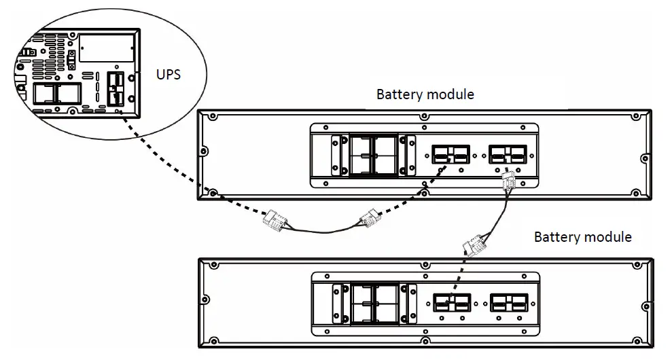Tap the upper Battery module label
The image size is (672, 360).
tap(425, 94)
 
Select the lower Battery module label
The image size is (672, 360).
tap(582, 237)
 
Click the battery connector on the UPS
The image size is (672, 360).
tap(115, 89)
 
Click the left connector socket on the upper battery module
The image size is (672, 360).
tap(449, 155)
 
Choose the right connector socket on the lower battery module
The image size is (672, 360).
tap(509, 302)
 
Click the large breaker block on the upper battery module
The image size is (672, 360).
tap(373, 155)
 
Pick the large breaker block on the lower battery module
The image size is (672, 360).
tap(373, 302)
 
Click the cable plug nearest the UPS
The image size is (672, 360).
tap(275, 221)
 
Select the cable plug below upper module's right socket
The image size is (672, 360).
tap(508, 181)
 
